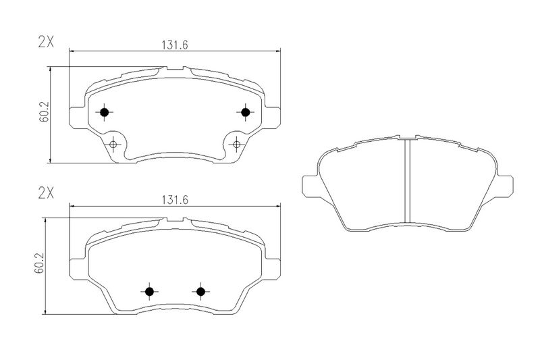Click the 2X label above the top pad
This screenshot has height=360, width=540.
point(46,42)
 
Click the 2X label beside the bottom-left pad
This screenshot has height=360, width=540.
point(46,194)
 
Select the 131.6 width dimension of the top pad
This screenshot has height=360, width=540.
point(175,45)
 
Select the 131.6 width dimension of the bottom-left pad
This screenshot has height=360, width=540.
point(175,200)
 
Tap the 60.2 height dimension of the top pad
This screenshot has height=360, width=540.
point(44,112)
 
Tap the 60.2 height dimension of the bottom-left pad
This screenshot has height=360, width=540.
point(39,263)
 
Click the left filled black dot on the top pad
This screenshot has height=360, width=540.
point(104,112)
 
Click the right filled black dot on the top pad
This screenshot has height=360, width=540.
point(245,112)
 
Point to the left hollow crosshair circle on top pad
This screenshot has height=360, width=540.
point(113,145)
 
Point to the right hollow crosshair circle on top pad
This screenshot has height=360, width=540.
point(236,145)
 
